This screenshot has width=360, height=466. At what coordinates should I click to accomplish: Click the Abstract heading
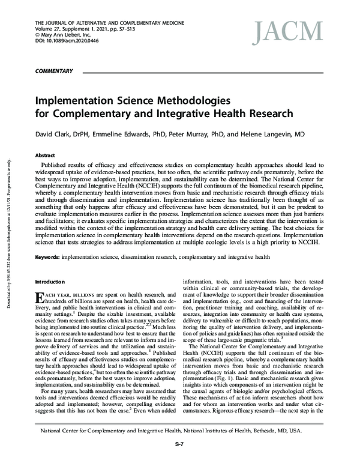click(x=47, y=154)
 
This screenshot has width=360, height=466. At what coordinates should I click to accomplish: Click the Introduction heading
click(x=52, y=281)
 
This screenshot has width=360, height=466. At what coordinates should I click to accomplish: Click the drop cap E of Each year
click(x=40, y=299)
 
